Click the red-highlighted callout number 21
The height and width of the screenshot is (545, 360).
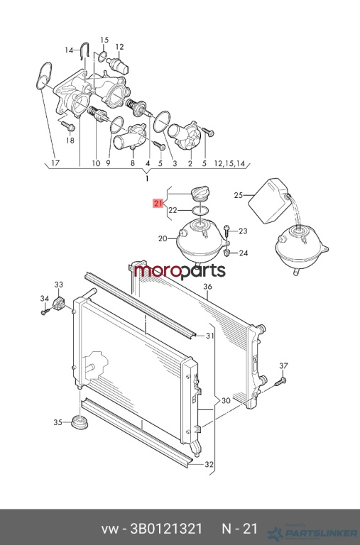click(158, 203)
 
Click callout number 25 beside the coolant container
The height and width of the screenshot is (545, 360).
click(239, 195)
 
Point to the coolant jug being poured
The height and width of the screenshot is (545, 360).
click(268, 201)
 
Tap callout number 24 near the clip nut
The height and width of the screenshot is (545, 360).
click(243, 253)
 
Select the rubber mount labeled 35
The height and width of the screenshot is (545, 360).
click(80, 423)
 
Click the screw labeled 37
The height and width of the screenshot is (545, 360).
click(280, 382)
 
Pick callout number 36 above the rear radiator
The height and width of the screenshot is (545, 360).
click(207, 287)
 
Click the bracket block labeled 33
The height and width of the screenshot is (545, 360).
click(58, 304)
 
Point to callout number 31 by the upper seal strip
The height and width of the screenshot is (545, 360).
click(209, 336)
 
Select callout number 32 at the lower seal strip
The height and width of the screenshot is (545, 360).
click(209, 464)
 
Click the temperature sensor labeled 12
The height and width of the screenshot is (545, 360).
click(118, 66)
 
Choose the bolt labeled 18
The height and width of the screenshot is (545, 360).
click(68, 126)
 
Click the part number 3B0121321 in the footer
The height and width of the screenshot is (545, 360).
click(165, 529)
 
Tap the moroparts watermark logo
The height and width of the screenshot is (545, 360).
click(180, 271)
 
